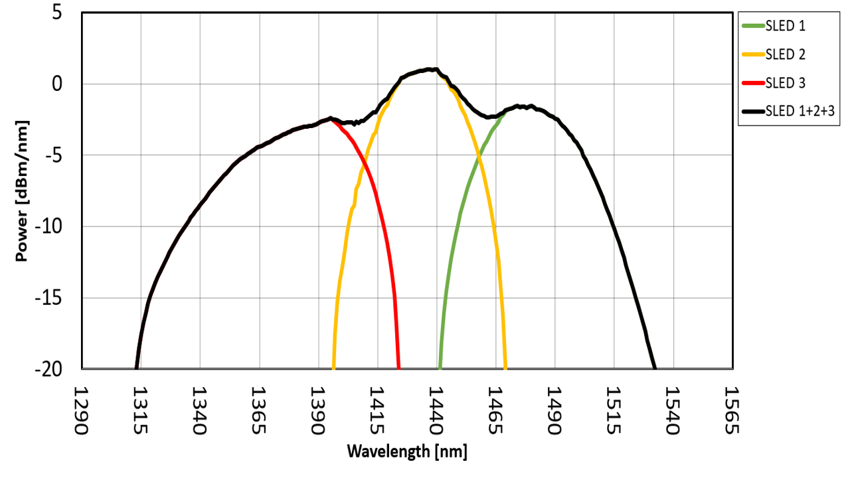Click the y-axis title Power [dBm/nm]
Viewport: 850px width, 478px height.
(x=22, y=191)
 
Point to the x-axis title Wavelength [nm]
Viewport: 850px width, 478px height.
(x=407, y=453)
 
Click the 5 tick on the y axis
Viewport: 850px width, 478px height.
(x=57, y=13)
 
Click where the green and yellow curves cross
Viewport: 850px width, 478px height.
(x=478, y=157)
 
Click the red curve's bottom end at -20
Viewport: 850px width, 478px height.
(x=398, y=367)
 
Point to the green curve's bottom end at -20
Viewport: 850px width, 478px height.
(x=440, y=367)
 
